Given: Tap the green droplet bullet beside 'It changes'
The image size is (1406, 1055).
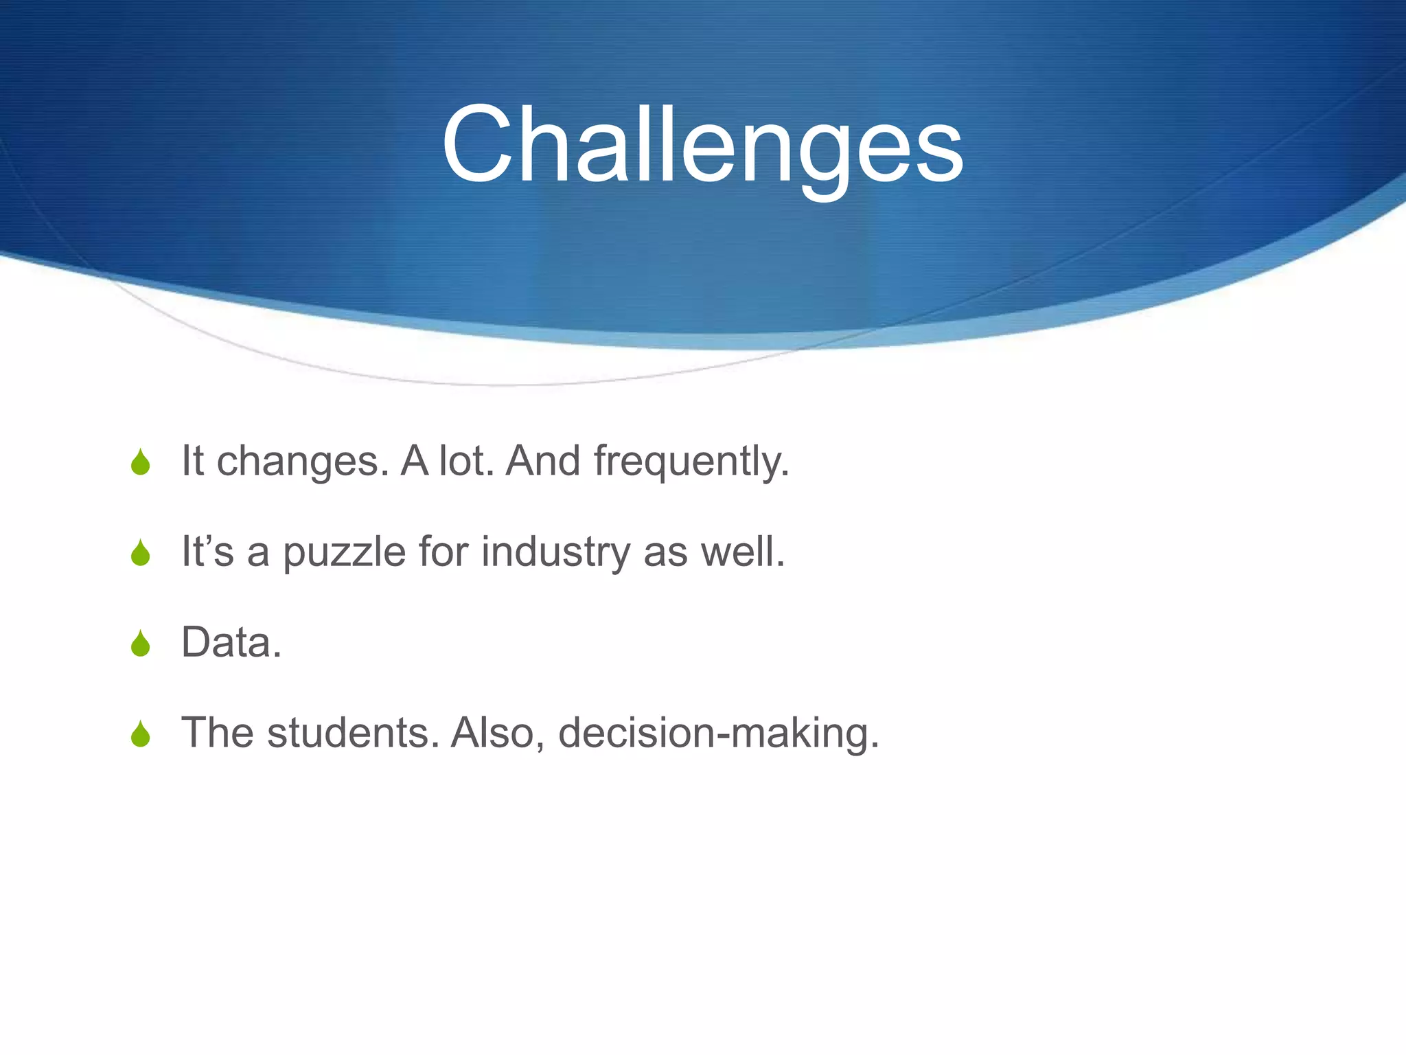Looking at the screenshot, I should [141, 462].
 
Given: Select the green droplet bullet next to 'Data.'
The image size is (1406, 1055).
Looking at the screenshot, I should [141, 644].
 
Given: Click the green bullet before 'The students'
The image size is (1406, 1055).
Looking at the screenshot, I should [141, 734].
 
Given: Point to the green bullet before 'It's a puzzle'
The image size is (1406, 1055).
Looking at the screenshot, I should [141, 553].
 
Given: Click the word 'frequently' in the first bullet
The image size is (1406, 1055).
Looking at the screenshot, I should [691, 462].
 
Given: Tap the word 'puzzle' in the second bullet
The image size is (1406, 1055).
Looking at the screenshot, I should [344, 552].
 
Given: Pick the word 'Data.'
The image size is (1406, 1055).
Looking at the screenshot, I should [231, 643].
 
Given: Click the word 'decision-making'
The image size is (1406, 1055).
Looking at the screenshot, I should [718, 733].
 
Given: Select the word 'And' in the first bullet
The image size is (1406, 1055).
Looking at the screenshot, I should [543, 462].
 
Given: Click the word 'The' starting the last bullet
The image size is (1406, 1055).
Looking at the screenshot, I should [218, 733].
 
